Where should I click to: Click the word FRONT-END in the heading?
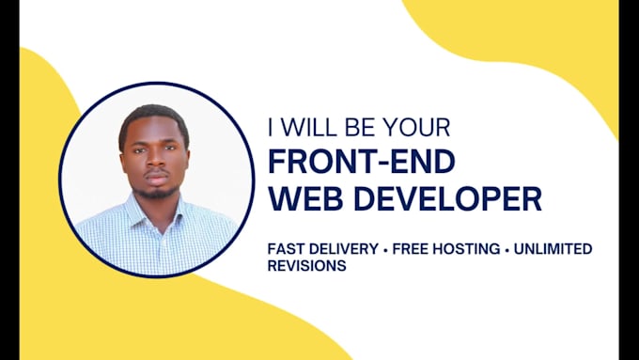361,162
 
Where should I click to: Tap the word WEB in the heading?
302,199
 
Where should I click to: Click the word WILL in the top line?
313,126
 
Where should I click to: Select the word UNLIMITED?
555,249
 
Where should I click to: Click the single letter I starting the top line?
273,126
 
